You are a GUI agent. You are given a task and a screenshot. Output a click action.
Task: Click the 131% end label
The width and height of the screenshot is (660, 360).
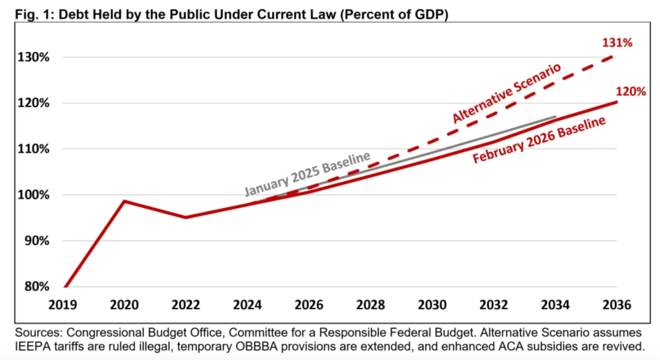click(x=617, y=43)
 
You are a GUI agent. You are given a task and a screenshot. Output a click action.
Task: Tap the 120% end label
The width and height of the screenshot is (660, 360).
click(x=630, y=92)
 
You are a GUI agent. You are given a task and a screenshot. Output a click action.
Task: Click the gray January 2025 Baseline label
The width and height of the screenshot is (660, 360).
click(x=307, y=174)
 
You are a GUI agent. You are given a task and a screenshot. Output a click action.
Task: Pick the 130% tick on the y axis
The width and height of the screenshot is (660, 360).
click(x=33, y=58)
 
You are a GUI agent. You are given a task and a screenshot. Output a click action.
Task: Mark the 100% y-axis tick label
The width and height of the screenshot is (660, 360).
click(x=33, y=195)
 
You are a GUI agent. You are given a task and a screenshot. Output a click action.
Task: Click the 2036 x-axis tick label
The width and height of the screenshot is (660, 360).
click(x=616, y=305)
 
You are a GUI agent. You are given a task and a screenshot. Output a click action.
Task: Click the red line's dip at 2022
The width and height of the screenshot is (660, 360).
click(x=186, y=217)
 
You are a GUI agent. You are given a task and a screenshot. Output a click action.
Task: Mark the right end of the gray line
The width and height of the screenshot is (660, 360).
click(x=556, y=116)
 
